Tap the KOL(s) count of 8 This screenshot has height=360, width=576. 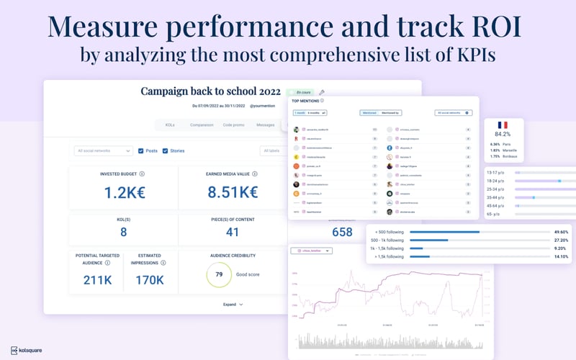123,232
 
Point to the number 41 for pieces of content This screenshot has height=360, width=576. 233,232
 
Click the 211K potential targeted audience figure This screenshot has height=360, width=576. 96,280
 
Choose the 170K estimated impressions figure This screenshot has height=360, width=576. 150,280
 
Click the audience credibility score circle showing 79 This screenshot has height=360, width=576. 218,274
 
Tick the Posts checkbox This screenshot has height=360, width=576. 141,150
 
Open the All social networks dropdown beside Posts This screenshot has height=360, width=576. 104,150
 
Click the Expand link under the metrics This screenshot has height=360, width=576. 233,305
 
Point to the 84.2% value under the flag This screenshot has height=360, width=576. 503,134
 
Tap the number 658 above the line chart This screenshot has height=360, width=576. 341,232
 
